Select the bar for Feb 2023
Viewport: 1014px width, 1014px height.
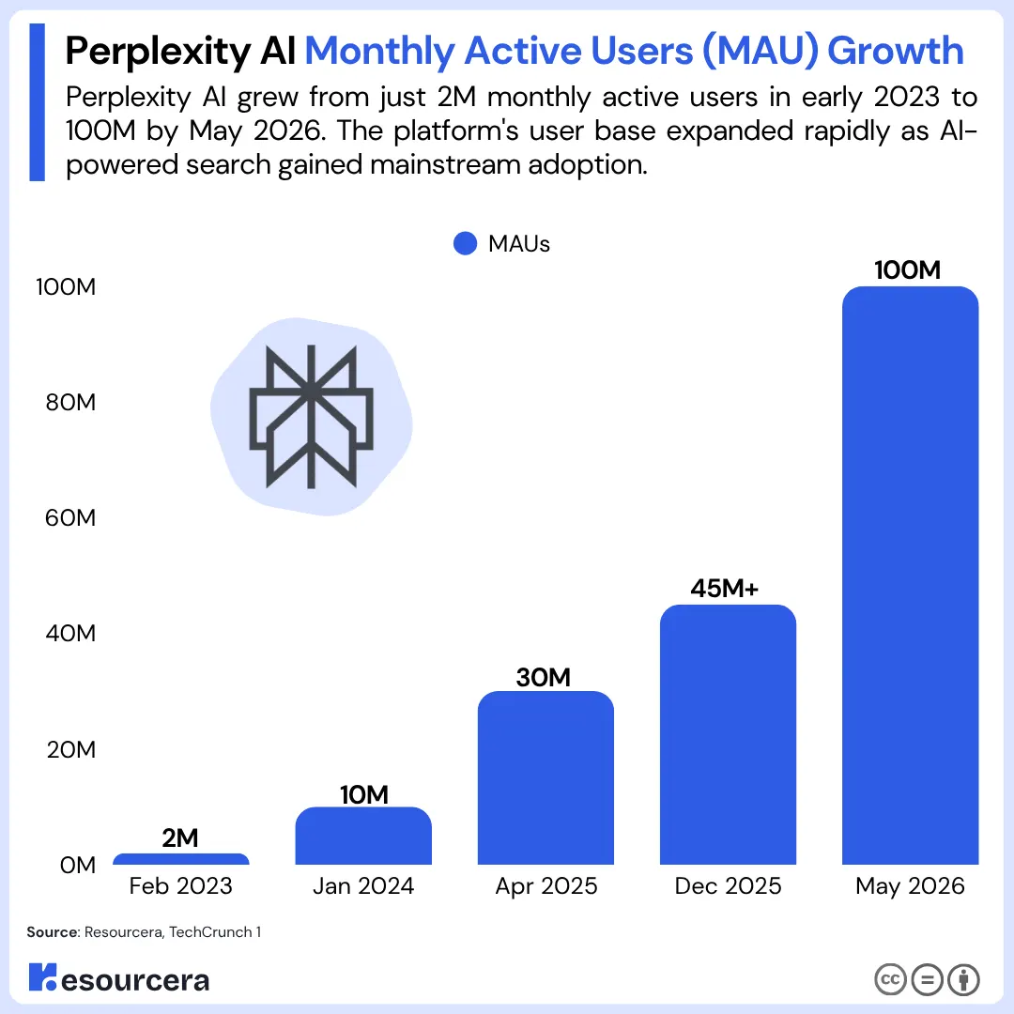click(x=181, y=859)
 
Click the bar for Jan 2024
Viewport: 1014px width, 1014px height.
click(x=363, y=836)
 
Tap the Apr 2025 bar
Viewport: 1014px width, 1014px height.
click(x=545, y=778)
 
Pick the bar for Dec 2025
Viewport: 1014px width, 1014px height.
click(x=729, y=734)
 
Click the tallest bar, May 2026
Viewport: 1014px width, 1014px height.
click(x=911, y=576)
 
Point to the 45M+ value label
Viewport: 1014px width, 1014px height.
click(x=724, y=589)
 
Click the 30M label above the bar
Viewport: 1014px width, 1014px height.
click(x=544, y=678)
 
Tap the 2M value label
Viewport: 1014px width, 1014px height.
click(x=179, y=838)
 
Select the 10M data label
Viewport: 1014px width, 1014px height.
click(x=364, y=795)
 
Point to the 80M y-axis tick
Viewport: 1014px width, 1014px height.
click(x=70, y=402)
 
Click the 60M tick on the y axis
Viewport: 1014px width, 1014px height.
click(x=70, y=518)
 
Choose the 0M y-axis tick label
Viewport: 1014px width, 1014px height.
click(x=78, y=865)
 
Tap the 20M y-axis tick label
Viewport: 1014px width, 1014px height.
click(x=71, y=749)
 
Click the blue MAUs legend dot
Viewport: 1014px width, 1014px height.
click(x=465, y=244)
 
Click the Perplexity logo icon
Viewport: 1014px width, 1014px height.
click(x=311, y=417)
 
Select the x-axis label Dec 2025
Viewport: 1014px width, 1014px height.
click(x=729, y=886)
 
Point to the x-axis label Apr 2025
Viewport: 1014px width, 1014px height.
click(x=546, y=886)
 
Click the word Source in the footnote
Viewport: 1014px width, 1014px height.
click(x=53, y=932)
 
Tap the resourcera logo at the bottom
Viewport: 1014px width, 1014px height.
click(x=119, y=977)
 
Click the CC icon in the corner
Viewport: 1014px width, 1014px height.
click(x=890, y=979)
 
